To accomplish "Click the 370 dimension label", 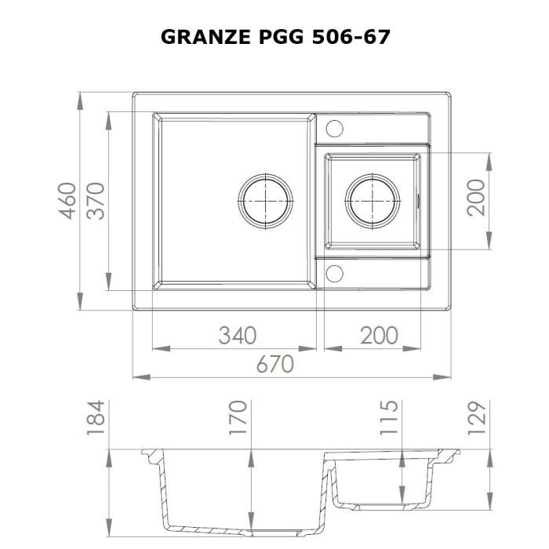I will click(95, 201).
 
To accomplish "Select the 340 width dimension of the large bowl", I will click(236, 335).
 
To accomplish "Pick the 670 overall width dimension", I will click(274, 364).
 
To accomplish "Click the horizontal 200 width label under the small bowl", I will click(379, 335).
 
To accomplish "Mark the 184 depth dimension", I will click(95, 417).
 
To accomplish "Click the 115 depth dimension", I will click(390, 417).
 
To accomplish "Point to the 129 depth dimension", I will click(478, 417).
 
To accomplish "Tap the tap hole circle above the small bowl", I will click(334, 127).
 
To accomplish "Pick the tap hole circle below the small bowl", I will click(334, 272).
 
